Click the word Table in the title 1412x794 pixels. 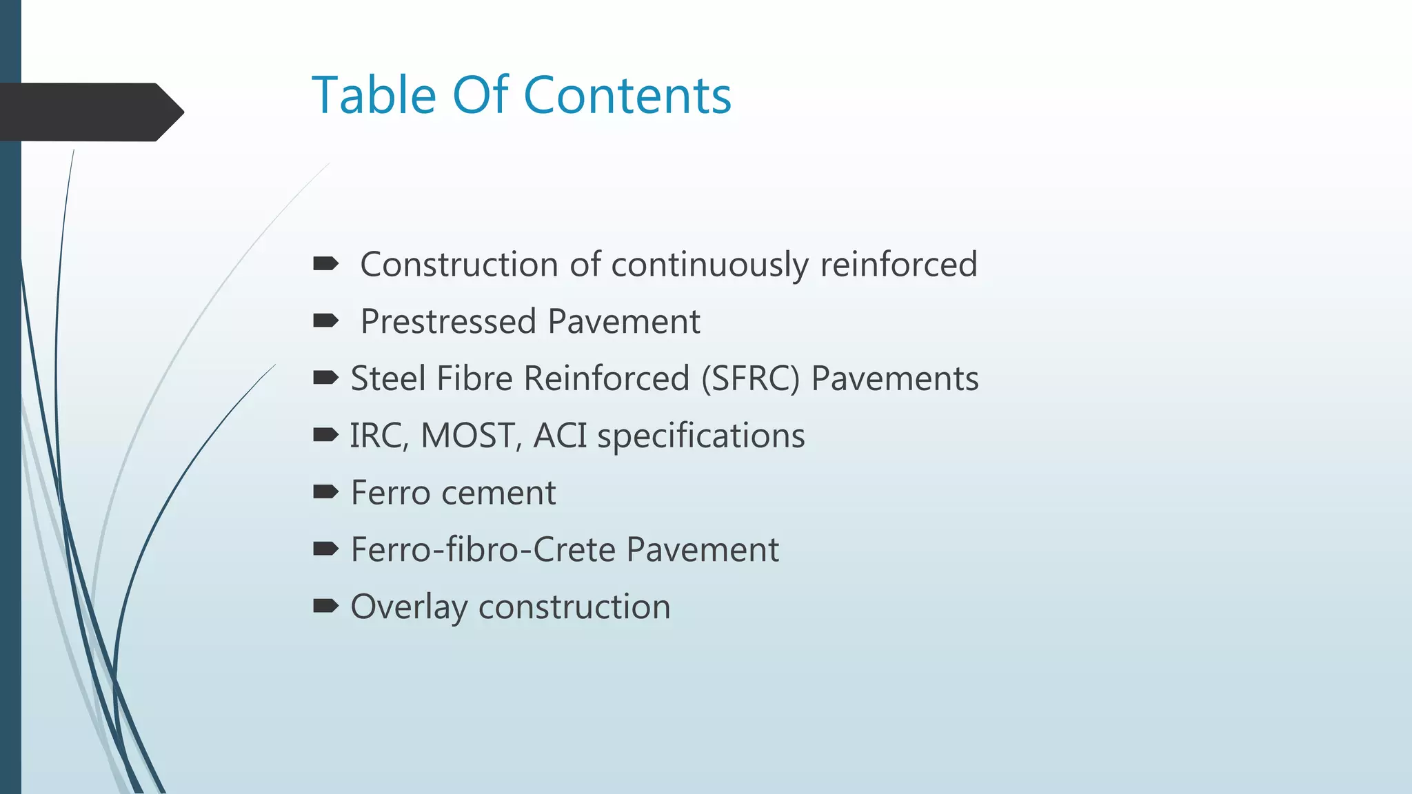pyautogui.click(x=374, y=95)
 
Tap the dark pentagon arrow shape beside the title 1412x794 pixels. pyautogui.click(x=90, y=112)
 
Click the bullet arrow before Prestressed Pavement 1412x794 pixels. pyautogui.click(x=325, y=320)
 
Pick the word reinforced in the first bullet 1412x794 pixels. pyautogui.click(x=898, y=265)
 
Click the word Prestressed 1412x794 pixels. pyautogui.click(x=448, y=322)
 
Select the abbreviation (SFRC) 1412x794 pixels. pyautogui.click(x=750, y=379)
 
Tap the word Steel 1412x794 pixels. pyautogui.click(x=383, y=378)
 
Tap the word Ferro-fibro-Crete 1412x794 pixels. pyautogui.click(x=483, y=550)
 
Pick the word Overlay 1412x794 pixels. pyautogui.click(x=409, y=608)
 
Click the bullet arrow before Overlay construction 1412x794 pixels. pyautogui.click(x=325, y=606)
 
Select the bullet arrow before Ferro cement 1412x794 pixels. pyautogui.click(x=325, y=491)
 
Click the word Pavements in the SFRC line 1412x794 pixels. pyautogui.click(x=894, y=378)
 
